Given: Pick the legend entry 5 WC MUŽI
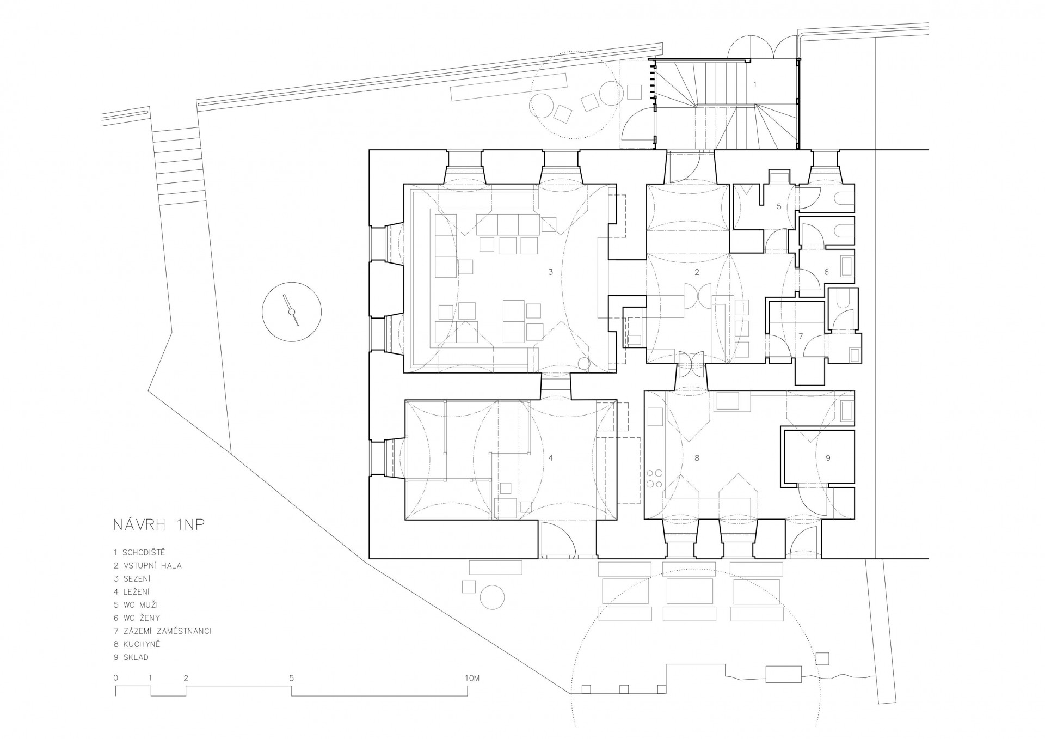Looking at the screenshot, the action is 136,605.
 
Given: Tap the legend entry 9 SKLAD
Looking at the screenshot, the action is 131,657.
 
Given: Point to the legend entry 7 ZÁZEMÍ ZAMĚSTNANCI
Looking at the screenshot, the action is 162,631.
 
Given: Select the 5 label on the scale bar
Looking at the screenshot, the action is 292,679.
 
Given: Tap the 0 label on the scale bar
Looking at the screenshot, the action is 116,679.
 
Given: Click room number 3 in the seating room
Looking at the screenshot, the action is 551,272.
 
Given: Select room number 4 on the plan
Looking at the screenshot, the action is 551,458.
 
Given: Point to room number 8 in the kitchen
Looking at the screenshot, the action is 697,458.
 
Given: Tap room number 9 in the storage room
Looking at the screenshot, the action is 828,458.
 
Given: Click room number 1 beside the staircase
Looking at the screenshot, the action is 755,84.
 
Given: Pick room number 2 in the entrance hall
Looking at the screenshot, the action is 697,272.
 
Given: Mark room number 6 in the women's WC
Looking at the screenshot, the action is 826,272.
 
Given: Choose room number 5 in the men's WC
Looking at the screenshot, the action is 779,206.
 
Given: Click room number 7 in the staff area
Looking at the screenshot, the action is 801,336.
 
